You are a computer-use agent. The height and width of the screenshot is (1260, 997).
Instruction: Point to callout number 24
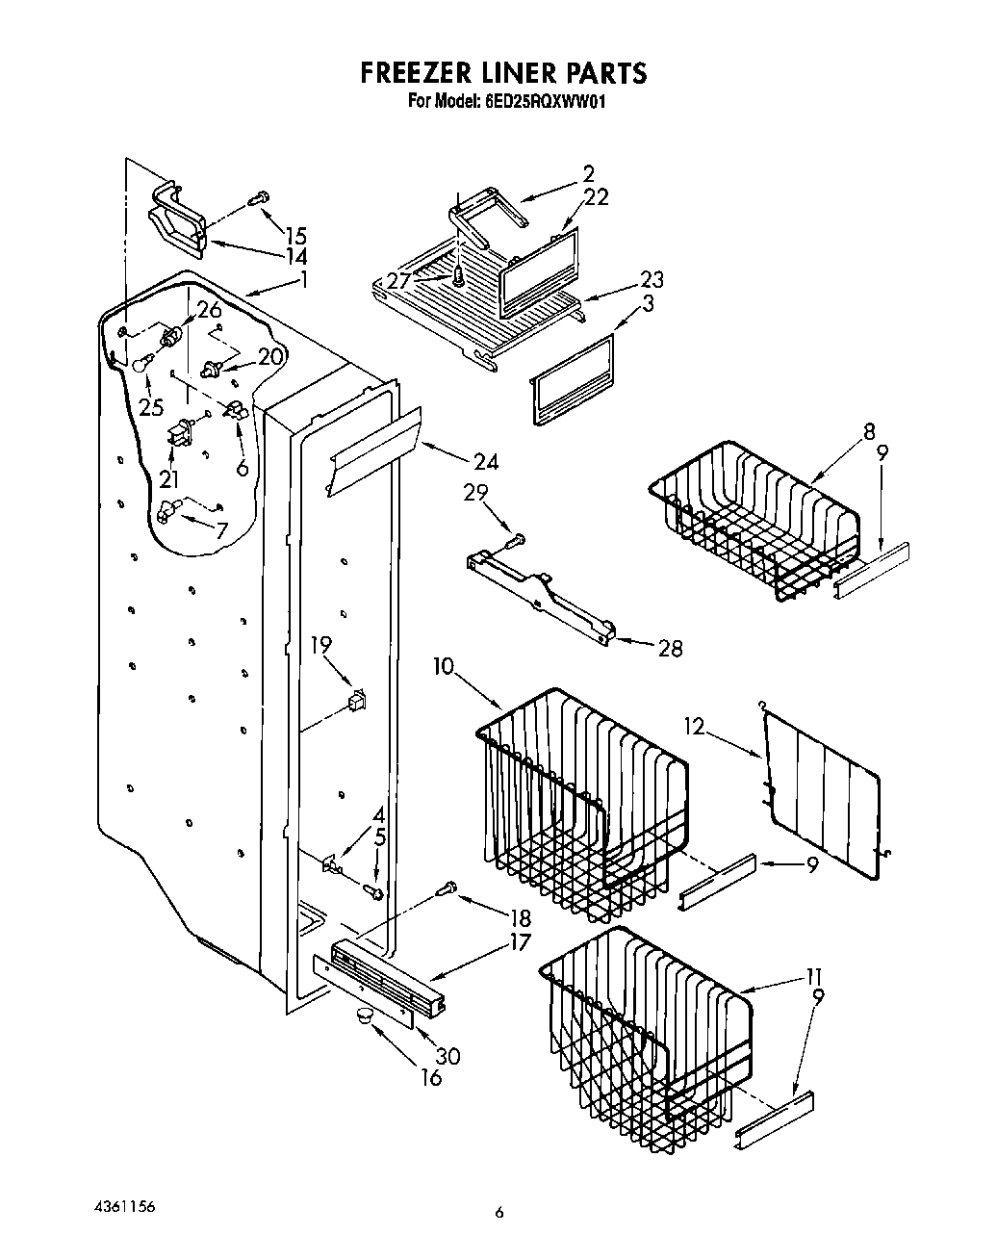point(486,462)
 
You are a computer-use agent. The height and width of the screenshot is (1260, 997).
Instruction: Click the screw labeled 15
point(258,199)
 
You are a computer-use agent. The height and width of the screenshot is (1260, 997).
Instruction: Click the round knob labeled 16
point(365,1016)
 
